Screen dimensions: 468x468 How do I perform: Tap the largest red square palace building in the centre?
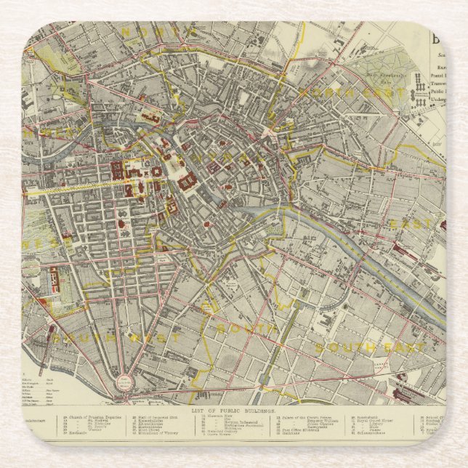[x=187, y=179]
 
